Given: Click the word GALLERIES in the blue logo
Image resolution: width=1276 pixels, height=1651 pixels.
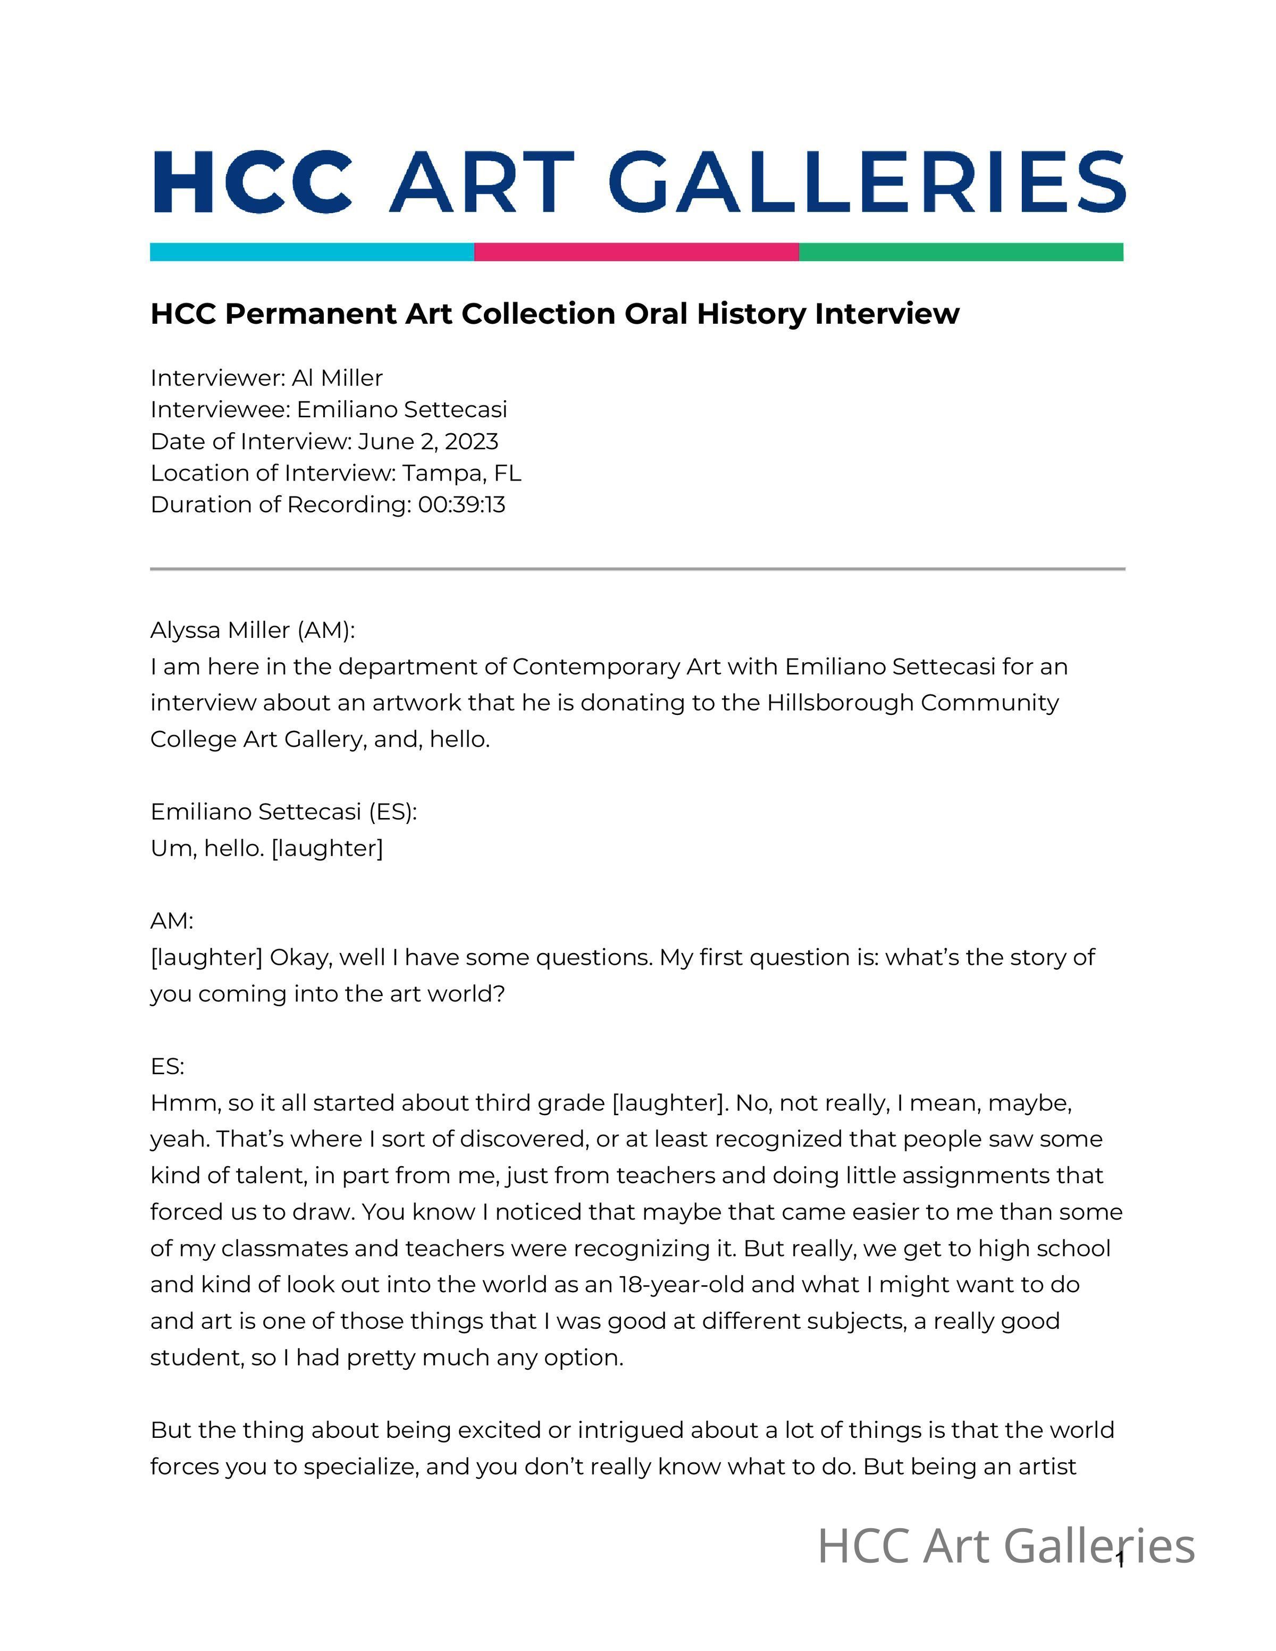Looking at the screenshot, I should [x=866, y=182].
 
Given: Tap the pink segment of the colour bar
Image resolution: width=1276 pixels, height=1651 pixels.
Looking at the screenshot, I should [x=636, y=252].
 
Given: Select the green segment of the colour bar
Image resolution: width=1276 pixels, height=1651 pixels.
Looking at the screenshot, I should [x=961, y=252].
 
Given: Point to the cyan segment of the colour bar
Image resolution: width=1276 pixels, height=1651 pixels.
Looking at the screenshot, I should [x=312, y=252].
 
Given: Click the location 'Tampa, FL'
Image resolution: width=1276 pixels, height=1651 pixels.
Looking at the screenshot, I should [x=462, y=473].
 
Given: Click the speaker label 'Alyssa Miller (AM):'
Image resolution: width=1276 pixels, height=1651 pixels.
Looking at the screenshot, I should [x=253, y=630].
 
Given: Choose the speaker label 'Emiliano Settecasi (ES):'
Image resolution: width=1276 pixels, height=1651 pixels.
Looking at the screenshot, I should [x=283, y=811].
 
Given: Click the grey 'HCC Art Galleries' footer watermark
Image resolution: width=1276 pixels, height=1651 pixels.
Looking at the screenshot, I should [x=1005, y=1547].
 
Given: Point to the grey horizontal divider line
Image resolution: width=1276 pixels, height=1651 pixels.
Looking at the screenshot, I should [x=637, y=568].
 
